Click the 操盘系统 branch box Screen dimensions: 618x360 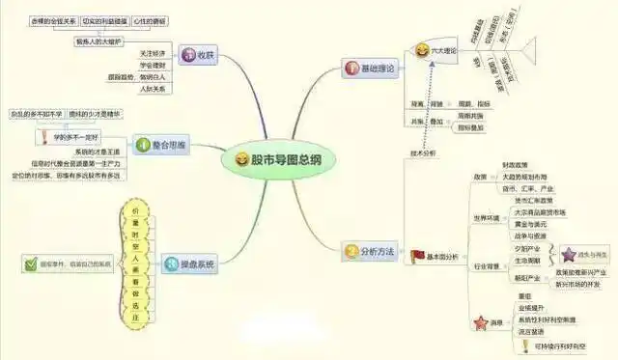184,261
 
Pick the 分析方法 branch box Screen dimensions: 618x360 373,253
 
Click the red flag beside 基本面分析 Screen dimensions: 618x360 418,255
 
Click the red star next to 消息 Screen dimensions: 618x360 474,321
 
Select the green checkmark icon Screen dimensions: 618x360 31,262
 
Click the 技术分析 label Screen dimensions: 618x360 424,152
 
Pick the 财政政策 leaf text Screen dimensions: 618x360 517,166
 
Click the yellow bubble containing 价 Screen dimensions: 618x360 135,209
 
